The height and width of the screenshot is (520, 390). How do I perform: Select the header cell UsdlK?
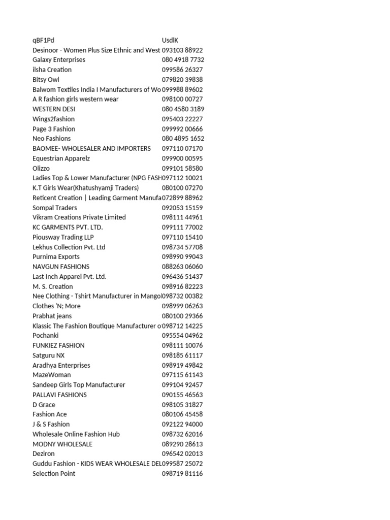point(170,40)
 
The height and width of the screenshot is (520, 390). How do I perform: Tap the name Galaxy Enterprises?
point(59,60)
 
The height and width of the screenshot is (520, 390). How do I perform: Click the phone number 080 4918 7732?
point(183,60)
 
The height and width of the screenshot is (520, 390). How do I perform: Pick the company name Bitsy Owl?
point(46,80)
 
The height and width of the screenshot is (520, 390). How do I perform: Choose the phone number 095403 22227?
point(182,119)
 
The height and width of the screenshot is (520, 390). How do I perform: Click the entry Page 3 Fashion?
point(54,129)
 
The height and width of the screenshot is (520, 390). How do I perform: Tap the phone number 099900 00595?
point(182,158)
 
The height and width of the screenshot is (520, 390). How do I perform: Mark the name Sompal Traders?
point(55,208)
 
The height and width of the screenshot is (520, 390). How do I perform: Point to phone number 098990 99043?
point(182,257)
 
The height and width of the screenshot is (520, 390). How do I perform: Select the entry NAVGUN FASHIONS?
point(61,267)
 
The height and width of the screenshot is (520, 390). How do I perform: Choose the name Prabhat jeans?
point(52,316)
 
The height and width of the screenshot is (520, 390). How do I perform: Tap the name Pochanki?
point(46,336)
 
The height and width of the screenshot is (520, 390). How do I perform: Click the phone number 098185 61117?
point(182,355)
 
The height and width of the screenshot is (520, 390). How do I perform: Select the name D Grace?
point(44,405)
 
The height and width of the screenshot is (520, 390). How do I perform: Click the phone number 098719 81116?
point(182,473)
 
